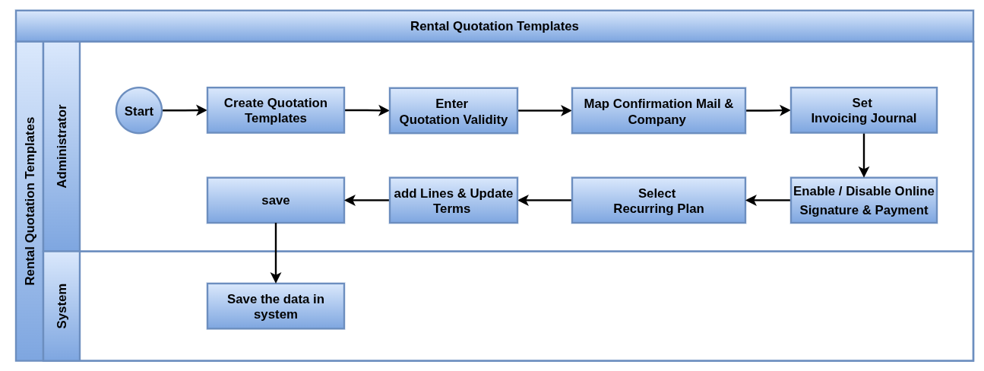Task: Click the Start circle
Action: [139, 110]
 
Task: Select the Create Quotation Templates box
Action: [275, 110]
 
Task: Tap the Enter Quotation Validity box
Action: [454, 111]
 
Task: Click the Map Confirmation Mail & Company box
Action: [659, 111]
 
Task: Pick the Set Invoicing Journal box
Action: [864, 110]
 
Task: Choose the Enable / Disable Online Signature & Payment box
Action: [864, 201]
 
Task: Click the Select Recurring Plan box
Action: [659, 201]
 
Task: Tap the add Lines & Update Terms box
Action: [454, 201]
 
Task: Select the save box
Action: [275, 201]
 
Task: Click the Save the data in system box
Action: [275, 306]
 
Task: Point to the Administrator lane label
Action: [62, 147]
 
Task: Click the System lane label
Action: [62, 306]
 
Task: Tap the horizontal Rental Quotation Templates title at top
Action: [494, 27]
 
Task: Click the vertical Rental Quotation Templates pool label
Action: [30, 201]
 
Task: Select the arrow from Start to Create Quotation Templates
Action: [185, 110]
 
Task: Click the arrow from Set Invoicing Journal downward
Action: [864, 155]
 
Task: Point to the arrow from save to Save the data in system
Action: [275, 253]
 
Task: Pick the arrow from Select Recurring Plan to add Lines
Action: [545, 201]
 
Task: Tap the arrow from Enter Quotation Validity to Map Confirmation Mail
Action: [545, 111]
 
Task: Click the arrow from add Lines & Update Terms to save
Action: [367, 201]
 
